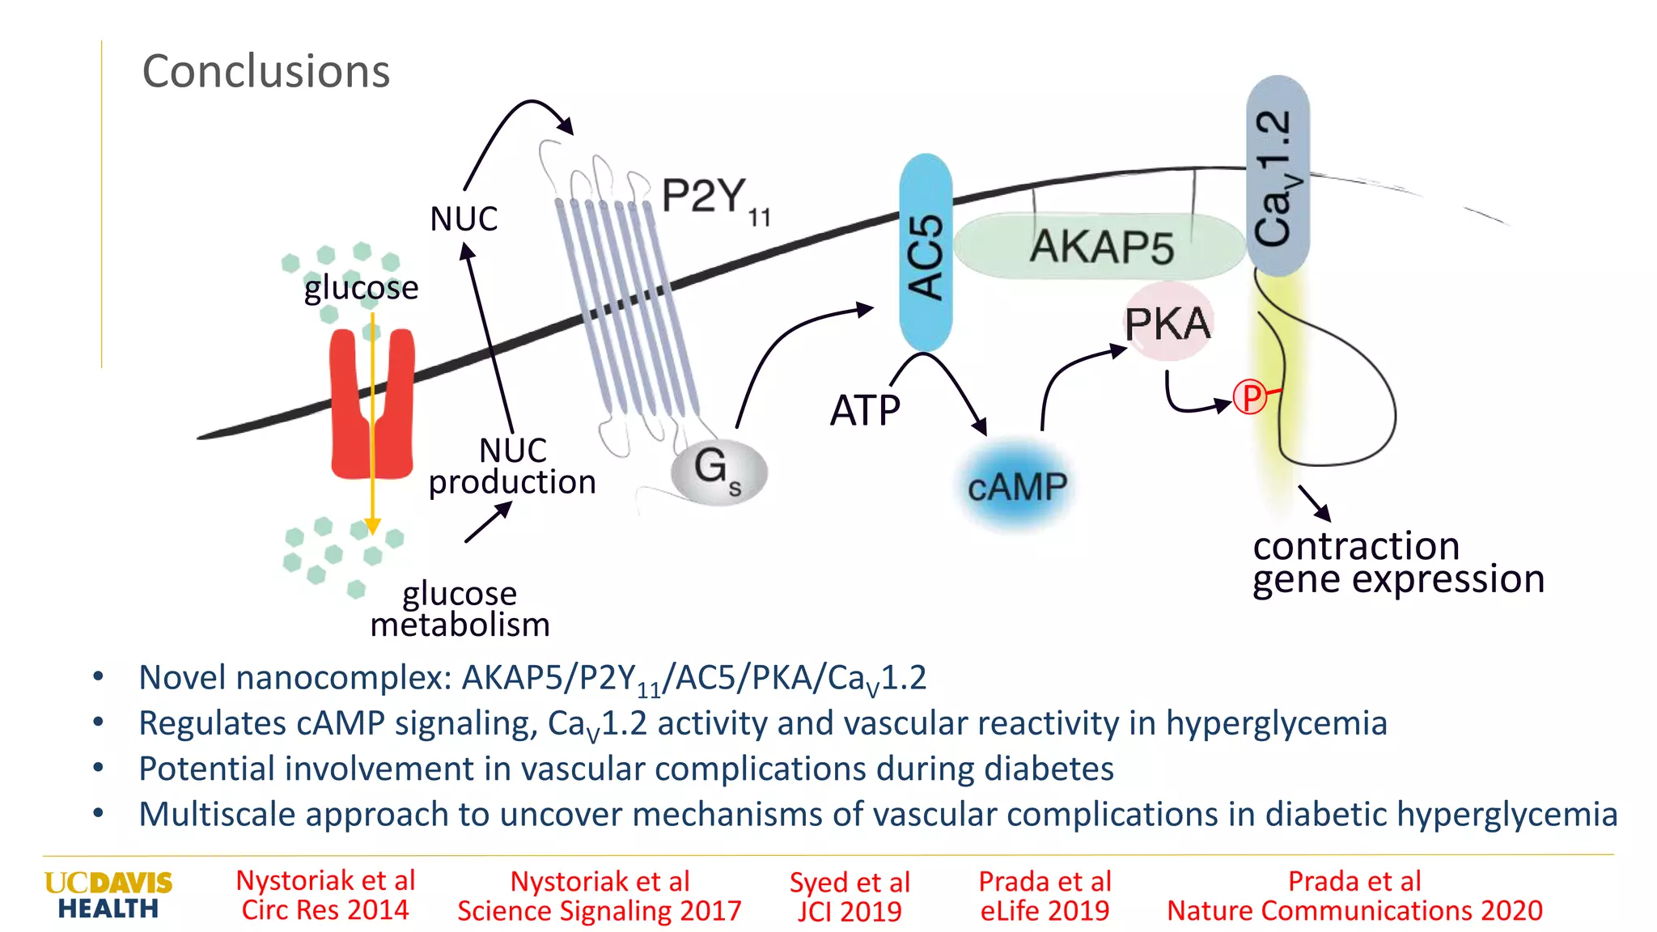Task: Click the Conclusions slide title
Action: coord(265,71)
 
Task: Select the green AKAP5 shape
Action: coord(1100,246)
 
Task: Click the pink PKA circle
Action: coord(1168,323)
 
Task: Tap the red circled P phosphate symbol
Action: coord(1250,397)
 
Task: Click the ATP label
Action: coord(865,410)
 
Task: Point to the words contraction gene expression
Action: coord(1397,563)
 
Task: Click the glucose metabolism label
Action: coord(460,608)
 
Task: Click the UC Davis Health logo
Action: coord(108,895)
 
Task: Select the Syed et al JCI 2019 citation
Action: coord(850,896)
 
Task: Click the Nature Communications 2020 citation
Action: coord(1354,896)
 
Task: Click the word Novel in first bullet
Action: coord(182,677)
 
